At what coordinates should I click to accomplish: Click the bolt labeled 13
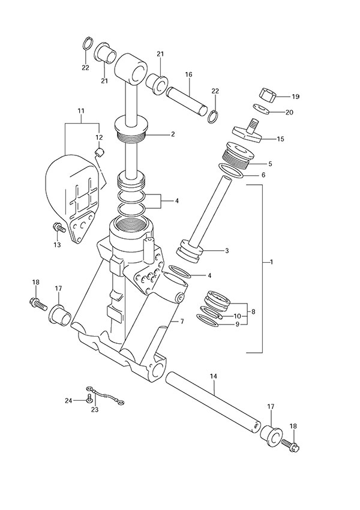click(59, 228)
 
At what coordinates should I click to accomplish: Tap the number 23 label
click(94, 410)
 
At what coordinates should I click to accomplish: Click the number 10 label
click(238, 316)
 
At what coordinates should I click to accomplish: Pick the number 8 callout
click(253, 311)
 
